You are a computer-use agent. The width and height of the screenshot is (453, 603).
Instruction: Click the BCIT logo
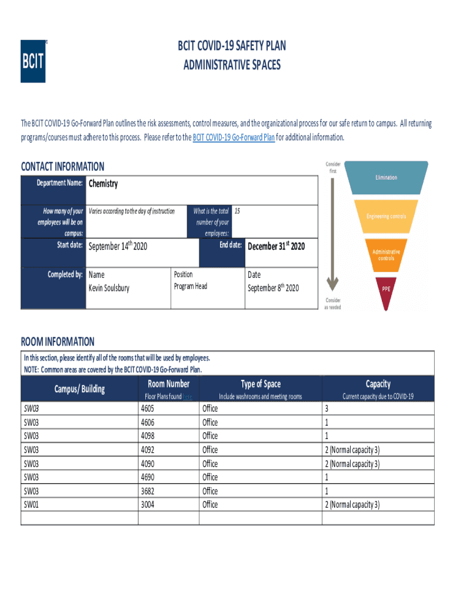coord(34,61)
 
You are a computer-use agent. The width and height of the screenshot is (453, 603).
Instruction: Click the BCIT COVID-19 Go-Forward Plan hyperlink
coord(234,138)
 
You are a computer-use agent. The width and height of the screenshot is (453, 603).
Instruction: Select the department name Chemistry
coord(103,184)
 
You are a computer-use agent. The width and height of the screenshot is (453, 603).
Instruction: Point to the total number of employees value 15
coord(237,211)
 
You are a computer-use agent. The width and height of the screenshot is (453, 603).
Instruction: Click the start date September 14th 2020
coord(117,246)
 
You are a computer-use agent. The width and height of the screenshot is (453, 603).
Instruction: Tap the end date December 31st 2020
coord(276,246)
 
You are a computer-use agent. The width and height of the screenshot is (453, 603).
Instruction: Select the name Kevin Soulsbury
coord(109,288)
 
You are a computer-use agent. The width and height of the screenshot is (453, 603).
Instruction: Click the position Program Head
coord(191,286)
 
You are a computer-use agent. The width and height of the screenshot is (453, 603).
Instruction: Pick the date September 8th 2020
coord(273,288)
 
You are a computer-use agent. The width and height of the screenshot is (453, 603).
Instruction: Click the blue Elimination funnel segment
coord(387,177)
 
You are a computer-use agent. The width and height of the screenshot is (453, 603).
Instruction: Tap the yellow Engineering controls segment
coord(386,216)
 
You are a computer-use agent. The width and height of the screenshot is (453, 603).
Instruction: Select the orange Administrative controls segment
coord(386,255)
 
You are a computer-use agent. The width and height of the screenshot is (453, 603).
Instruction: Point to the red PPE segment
coord(386,289)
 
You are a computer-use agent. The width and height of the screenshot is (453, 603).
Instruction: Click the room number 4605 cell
coord(149,409)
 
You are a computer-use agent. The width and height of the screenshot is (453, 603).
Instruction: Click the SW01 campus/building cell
coord(30,505)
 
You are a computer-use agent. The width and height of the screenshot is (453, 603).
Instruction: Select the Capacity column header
coord(378,385)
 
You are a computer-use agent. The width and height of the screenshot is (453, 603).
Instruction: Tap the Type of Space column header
coord(260,385)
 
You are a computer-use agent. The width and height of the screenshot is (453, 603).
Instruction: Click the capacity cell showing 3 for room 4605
coord(327,409)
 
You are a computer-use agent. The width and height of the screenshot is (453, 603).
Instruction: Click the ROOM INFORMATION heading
coord(58,342)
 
